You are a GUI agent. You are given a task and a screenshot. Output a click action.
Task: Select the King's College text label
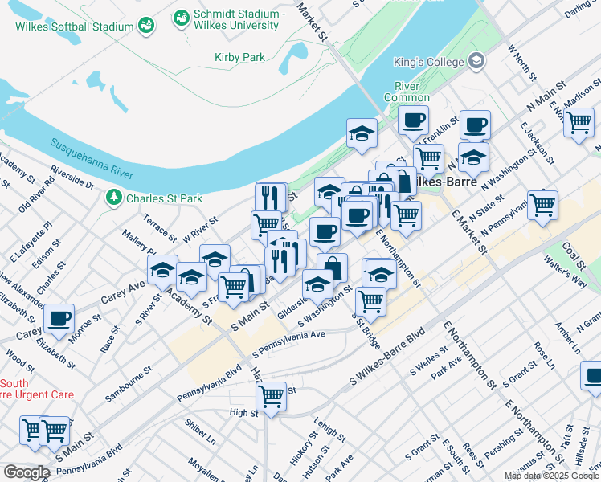[x=428, y=62]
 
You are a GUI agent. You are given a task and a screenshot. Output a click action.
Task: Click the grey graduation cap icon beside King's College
[x=476, y=61]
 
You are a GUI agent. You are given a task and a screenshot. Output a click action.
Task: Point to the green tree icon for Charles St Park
[x=115, y=197]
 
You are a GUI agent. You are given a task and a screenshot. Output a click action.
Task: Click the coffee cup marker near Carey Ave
[x=59, y=318]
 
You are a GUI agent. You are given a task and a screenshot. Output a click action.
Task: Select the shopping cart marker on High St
[x=272, y=396]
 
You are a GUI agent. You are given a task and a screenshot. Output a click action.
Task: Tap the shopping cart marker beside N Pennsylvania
[x=542, y=204]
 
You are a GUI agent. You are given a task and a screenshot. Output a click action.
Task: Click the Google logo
[x=26, y=472]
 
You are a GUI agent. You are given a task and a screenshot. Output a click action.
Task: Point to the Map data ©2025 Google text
[x=550, y=476]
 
